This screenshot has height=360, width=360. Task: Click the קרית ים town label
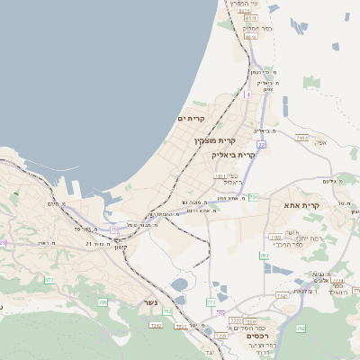pyautogui.click(x=191, y=119)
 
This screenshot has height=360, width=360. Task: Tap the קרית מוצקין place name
pyautogui.click(x=214, y=140)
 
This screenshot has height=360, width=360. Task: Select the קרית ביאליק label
pyautogui.click(x=233, y=155)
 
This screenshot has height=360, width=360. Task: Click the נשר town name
pyautogui.click(x=150, y=302)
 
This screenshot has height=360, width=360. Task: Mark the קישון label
pyautogui.click(x=119, y=247)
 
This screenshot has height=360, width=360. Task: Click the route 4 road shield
pyautogui.click(x=247, y=94)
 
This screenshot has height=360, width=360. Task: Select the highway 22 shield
pyautogui.click(x=261, y=144)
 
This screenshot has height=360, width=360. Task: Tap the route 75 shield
pyautogui.click(x=113, y=229)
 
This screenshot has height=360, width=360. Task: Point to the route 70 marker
pyautogui.click(x=220, y=313)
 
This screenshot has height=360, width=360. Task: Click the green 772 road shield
pyautogui.click(x=211, y=302)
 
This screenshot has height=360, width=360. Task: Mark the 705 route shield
pyautogui.click(x=103, y=302)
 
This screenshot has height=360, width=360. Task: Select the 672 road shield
pyautogui.click(x=49, y=280)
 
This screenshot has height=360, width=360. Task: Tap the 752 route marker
pyautogui.click(x=166, y=311)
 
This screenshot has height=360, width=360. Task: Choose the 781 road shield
pyautogui.click(x=254, y=196)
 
